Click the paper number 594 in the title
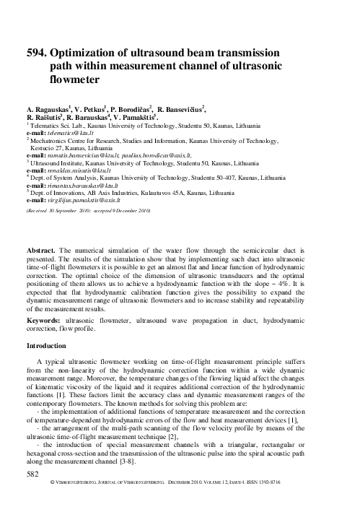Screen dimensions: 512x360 point(35,53)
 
